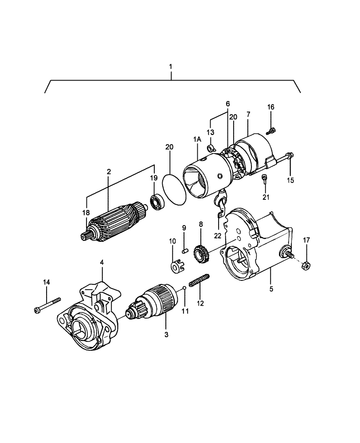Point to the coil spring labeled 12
[199, 281]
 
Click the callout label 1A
[197, 139]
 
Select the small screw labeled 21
[265, 178]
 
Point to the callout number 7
[248, 114]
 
